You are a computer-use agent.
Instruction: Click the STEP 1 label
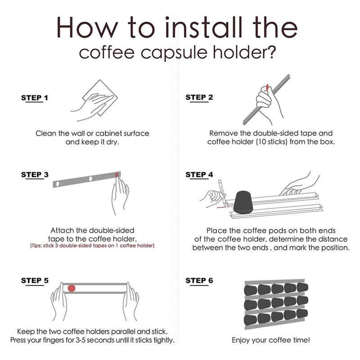35,98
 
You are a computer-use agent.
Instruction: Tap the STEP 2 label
199,98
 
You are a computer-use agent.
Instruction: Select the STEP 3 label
35,175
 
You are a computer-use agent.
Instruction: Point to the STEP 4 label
199,175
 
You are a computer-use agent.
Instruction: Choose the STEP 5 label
35,281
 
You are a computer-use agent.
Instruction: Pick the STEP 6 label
199,281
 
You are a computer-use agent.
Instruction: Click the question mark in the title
271,52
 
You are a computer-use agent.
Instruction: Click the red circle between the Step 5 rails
72,288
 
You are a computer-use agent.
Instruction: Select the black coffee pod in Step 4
243,202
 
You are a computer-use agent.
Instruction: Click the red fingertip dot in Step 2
267,87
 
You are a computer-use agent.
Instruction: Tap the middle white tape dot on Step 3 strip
90,179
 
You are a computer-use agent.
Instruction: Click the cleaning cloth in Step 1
100,98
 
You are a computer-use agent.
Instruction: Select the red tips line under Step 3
92,246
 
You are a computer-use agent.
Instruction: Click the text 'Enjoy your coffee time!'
271,340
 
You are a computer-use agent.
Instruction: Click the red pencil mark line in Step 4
222,207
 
